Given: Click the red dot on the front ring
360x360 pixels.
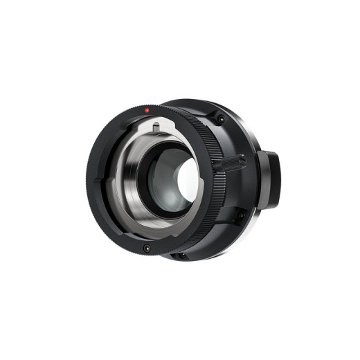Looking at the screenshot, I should coord(147,110).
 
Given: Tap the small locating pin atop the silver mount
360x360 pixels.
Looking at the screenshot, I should coord(156,126).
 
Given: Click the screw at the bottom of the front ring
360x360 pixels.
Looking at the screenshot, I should coord(147,248).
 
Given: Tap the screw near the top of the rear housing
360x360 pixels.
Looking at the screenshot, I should coord(220,119).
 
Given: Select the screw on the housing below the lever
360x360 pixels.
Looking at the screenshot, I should coord(240,215).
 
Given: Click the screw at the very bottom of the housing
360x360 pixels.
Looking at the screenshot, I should coord(182,255).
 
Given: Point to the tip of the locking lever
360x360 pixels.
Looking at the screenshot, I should coord(242,161).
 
